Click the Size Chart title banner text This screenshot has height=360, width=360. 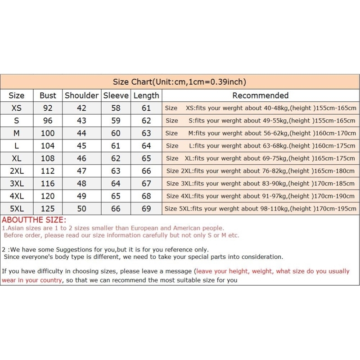point(179,82)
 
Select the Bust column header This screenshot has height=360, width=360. point(48,95)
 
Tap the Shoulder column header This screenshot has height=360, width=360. point(81,95)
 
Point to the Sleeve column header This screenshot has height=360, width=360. point(116,95)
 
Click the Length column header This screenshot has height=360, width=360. point(146,95)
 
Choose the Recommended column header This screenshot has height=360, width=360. point(260,95)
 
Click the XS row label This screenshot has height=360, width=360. point(17,108)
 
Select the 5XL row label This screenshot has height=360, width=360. point(17,209)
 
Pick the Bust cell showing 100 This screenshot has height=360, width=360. point(48,133)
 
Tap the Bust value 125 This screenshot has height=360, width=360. point(48,209)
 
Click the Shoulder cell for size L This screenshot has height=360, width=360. point(81,146)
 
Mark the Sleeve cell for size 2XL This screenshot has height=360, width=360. point(116,171)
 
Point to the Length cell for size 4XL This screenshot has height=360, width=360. point(146,196)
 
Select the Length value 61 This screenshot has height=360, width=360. point(146,108)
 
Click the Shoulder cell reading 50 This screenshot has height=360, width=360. point(81,209)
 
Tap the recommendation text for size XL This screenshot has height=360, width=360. point(260,158)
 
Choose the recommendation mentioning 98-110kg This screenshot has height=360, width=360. point(260,209)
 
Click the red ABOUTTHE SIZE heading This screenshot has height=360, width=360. point(34,220)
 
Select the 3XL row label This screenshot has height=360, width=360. point(17,184)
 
